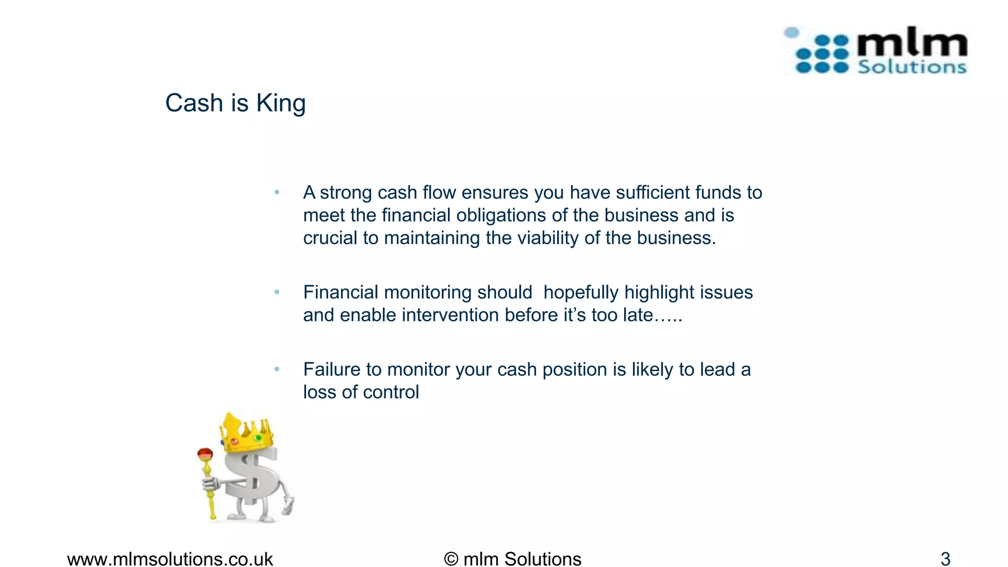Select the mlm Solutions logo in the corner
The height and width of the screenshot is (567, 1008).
click(875, 51)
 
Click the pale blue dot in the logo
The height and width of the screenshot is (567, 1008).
click(791, 32)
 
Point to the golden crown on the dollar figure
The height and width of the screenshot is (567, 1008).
click(246, 433)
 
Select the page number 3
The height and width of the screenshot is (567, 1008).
click(945, 559)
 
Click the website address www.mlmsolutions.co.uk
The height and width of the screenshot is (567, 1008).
click(170, 559)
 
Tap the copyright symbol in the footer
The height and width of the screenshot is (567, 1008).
click(451, 559)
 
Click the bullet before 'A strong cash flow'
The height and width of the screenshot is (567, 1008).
click(277, 192)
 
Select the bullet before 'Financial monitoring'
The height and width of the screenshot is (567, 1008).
click(277, 292)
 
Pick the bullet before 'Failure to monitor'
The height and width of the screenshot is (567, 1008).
click(277, 369)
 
